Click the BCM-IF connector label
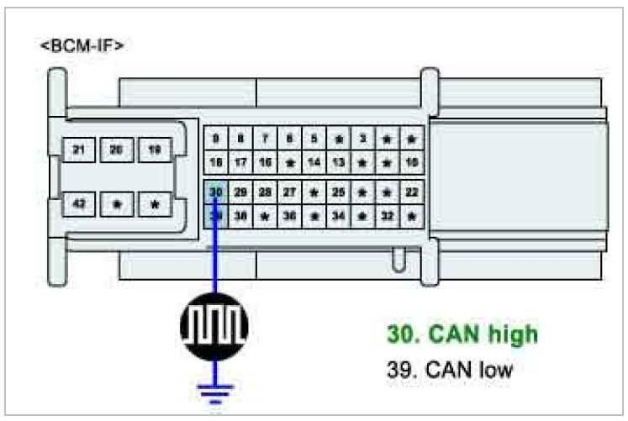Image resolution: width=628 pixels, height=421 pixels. click(x=82, y=45)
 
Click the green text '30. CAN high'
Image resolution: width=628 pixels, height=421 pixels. click(x=462, y=334)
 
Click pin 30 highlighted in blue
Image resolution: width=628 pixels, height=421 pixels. click(x=216, y=192)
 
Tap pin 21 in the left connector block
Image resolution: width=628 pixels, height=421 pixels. click(x=79, y=150)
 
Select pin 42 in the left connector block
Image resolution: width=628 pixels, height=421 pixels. click(x=79, y=203)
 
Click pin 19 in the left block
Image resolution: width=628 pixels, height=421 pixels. click(x=155, y=150)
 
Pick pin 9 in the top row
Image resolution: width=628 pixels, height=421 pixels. click(x=216, y=138)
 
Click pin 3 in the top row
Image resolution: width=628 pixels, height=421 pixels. click(x=362, y=138)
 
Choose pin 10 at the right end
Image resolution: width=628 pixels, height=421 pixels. click(x=411, y=161)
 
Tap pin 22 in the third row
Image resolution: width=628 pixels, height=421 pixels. click(x=411, y=192)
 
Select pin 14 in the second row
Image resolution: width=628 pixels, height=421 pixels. click(x=314, y=161)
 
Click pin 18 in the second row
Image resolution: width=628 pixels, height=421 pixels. click(x=216, y=161)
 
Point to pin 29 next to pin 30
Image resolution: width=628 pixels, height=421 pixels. click(x=240, y=192)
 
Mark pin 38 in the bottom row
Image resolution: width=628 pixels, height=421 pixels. click(x=240, y=215)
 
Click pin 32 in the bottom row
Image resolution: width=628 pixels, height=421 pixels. click(x=387, y=215)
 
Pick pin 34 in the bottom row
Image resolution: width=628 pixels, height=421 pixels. click(x=338, y=215)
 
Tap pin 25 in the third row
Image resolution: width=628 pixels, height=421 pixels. click(x=338, y=192)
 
